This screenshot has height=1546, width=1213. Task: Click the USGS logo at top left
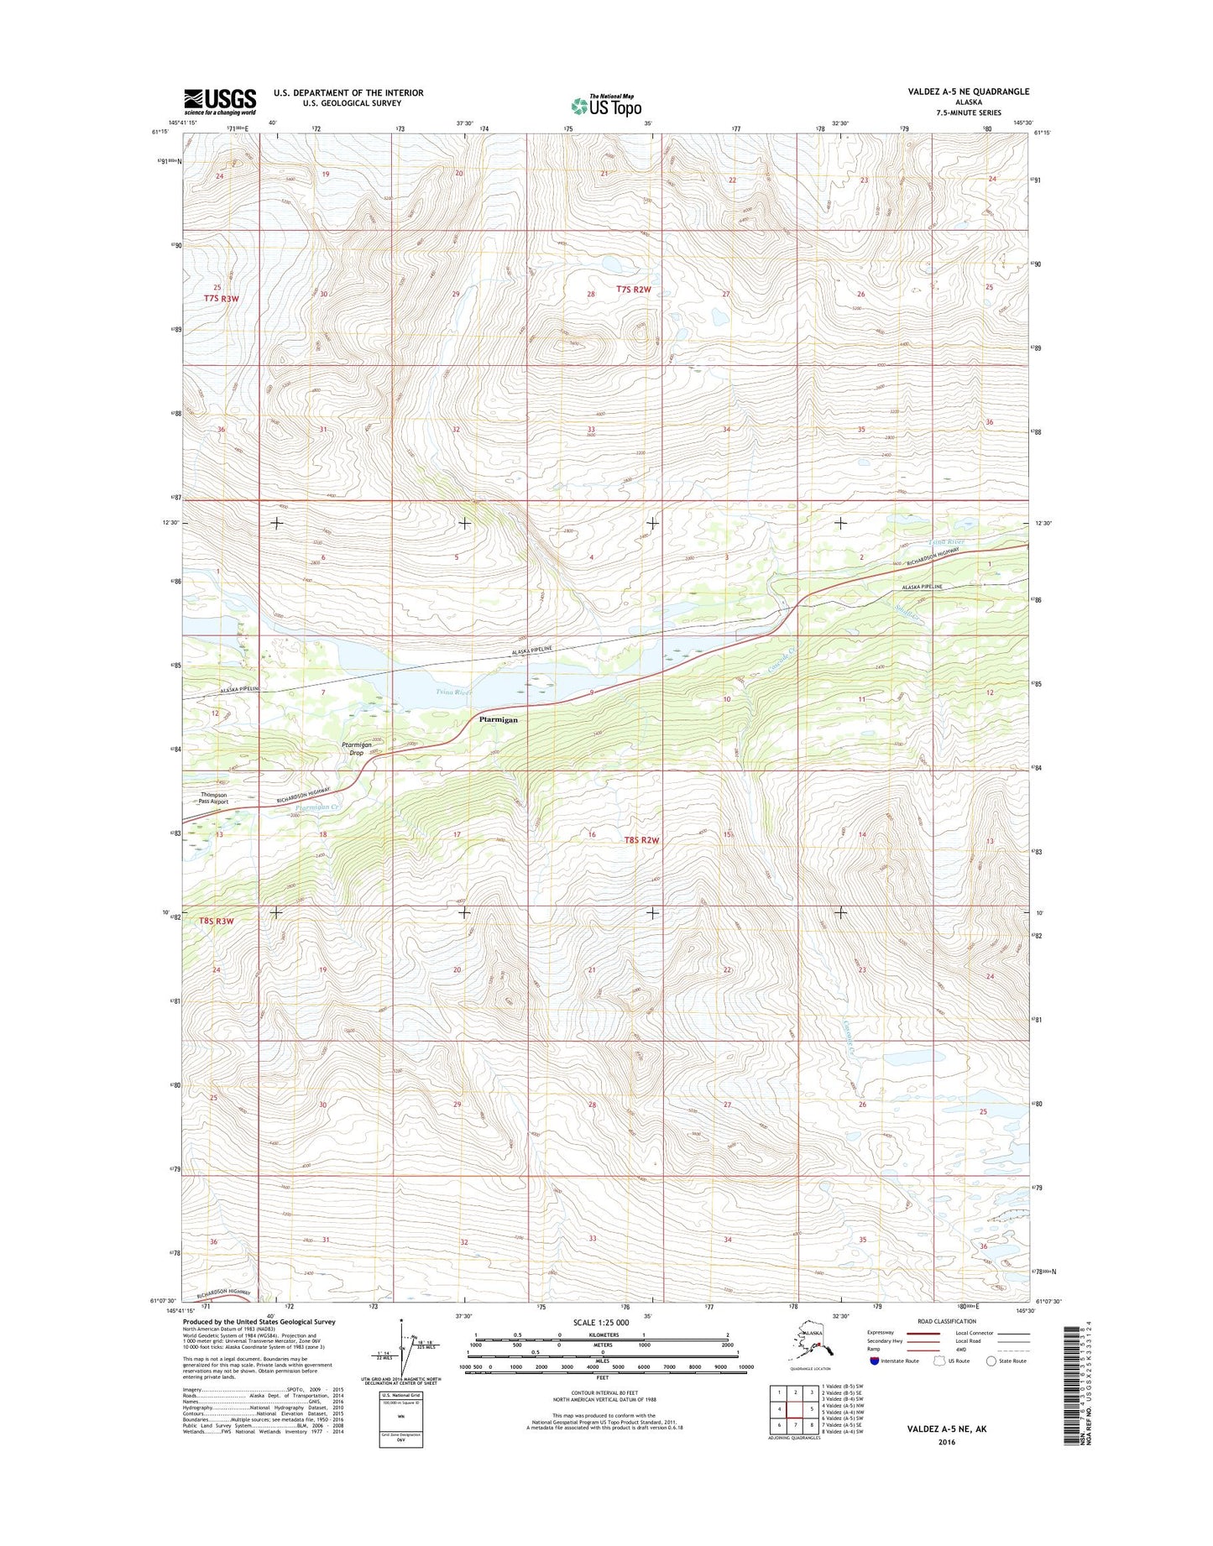(220, 102)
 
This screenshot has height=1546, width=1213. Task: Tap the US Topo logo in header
(606, 106)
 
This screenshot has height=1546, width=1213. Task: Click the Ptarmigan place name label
(498, 719)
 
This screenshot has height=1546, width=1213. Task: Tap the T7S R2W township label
(634, 289)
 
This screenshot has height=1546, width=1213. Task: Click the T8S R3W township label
(217, 921)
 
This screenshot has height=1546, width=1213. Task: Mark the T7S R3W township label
(221, 298)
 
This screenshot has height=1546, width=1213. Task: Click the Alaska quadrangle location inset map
(810, 1346)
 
